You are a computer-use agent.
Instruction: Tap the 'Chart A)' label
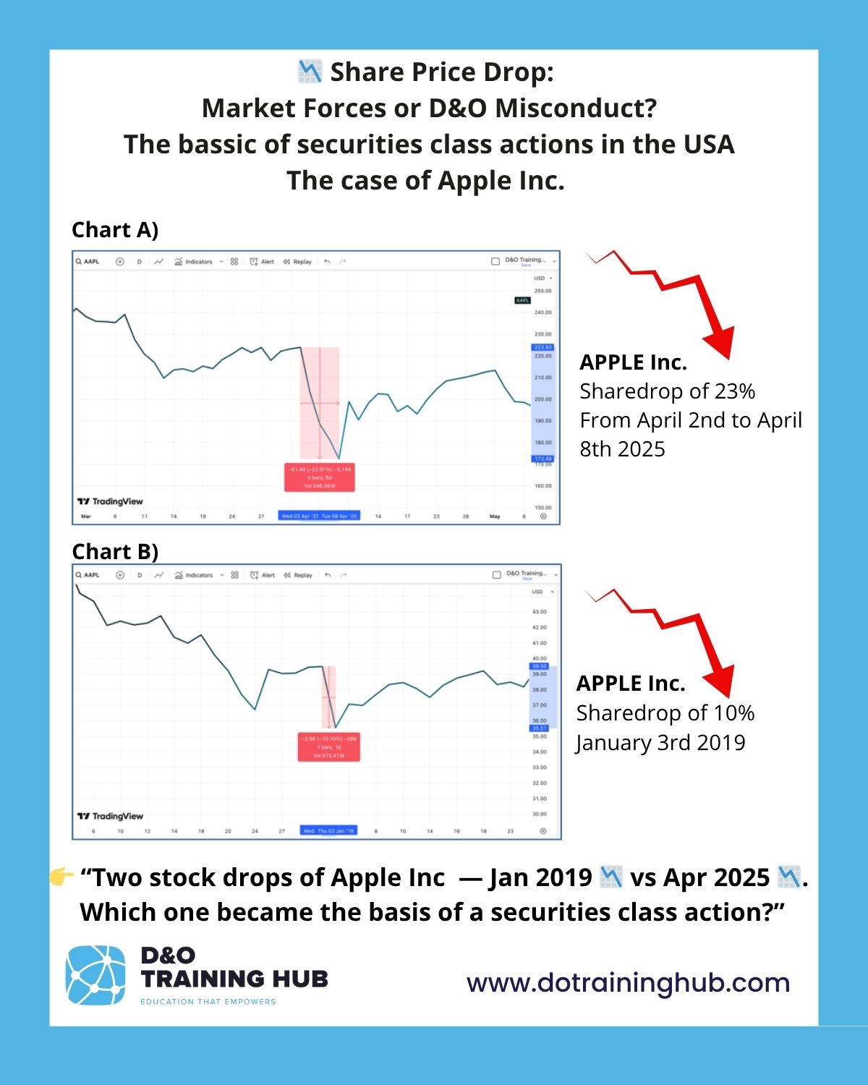(115, 230)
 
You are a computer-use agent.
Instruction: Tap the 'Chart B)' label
(115, 552)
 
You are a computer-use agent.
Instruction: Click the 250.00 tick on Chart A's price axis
(542, 291)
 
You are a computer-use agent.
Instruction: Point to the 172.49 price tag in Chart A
(542, 459)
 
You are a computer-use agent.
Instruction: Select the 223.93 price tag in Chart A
(542, 348)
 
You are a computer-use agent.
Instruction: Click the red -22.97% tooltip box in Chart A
(320, 477)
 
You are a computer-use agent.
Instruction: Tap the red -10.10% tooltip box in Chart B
(328, 746)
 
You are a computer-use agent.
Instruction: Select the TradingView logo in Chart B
(110, 816)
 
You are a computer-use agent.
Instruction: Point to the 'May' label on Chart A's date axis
(495, 516)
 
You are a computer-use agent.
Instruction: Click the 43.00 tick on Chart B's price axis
(540, 612)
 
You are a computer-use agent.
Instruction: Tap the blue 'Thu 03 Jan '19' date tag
(336, 831)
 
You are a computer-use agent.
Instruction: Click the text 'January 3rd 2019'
(660, 743)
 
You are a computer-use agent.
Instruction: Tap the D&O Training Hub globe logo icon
(95, 975)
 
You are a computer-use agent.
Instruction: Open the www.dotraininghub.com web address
(628, 983)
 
